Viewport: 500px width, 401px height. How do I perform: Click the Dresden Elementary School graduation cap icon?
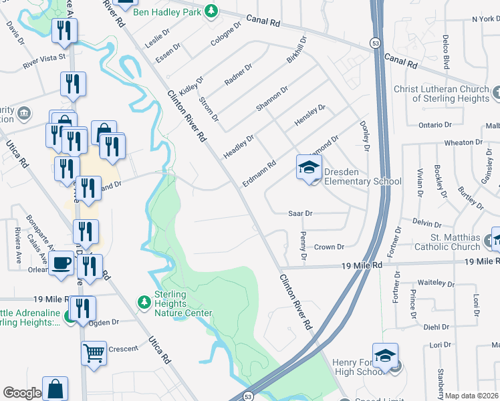tap(309, 167)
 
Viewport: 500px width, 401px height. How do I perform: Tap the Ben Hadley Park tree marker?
tap(211, 11)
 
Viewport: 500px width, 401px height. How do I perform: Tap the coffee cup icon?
tap(61, 263)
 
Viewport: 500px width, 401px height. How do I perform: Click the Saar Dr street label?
tap(300, 213)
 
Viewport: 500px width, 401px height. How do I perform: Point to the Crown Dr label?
tap(329, 247)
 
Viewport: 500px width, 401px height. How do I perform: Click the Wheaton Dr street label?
tap(463, 142)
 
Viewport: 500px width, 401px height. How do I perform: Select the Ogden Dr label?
tap(106, 321)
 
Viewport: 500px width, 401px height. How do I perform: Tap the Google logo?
tap(22, 393)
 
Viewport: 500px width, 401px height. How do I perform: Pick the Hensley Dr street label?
tap(310, 117)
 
